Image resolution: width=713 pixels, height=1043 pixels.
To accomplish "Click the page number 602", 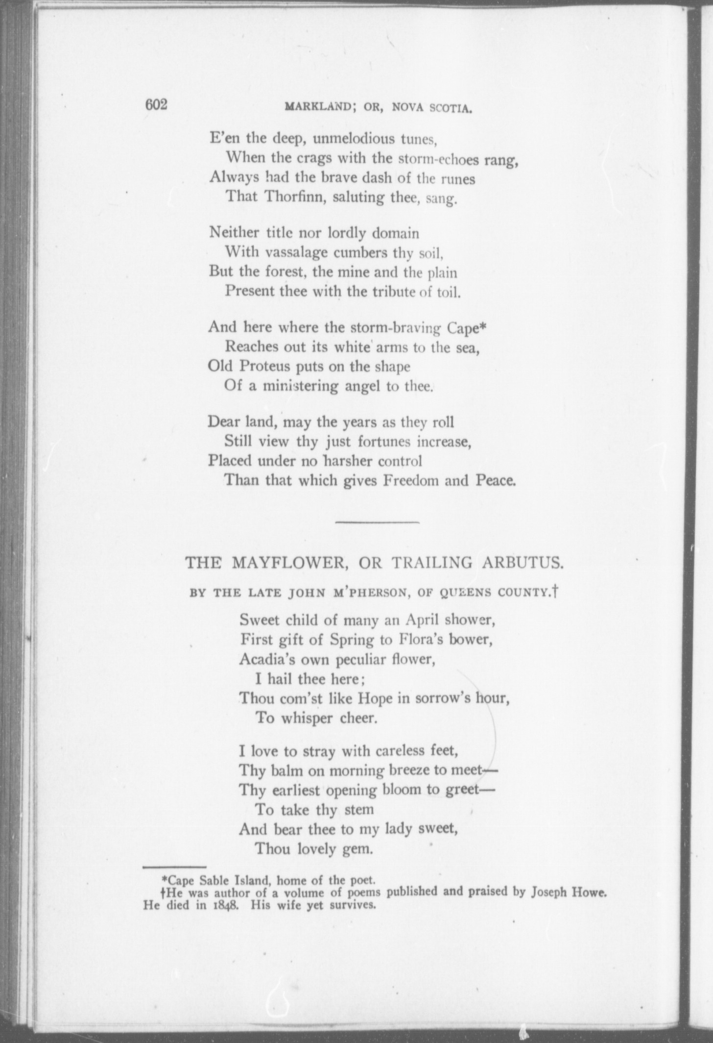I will pos(156,104).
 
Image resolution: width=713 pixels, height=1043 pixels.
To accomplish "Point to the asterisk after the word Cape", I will pos(483,325).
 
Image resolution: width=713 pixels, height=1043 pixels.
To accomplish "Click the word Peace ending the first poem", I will pos(496,480).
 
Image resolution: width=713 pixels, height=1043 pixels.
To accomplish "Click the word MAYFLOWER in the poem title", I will pos(289,563).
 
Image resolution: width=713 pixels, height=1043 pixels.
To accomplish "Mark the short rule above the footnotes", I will pos(174,867).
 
